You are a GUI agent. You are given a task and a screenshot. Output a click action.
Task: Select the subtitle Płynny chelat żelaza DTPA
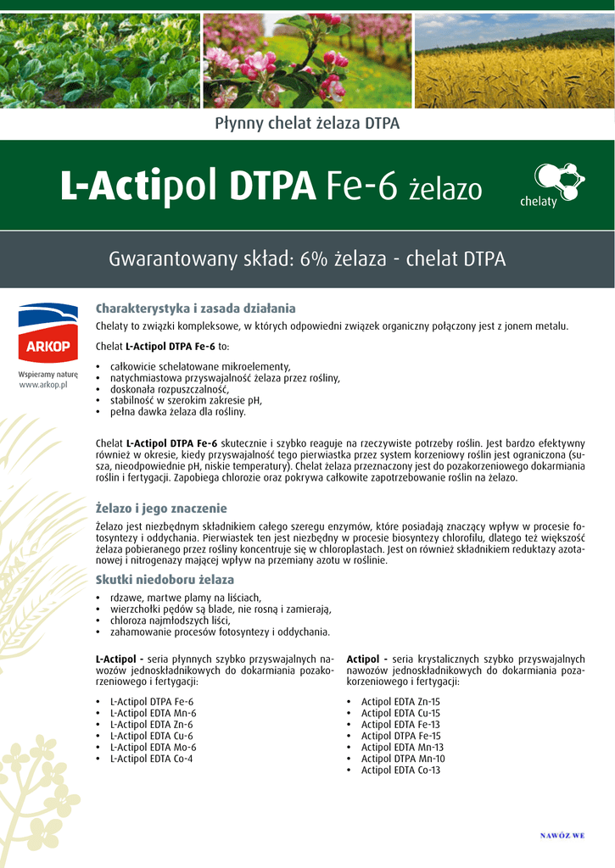(307, 124)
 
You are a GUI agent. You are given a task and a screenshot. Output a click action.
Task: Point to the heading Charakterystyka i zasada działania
(195, 308)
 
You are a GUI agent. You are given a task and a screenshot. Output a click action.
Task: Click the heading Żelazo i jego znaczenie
(161, 509)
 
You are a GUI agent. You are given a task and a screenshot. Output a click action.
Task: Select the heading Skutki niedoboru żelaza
(165, 580)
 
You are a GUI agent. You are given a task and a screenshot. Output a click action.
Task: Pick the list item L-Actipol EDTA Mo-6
(153, 748)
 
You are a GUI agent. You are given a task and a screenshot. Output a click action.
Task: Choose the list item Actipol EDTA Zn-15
(400, 702)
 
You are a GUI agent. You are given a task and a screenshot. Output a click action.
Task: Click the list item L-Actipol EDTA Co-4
(152, 759)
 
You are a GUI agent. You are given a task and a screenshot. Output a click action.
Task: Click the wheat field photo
(514, 60)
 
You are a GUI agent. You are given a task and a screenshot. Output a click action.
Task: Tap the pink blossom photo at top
(307, 60)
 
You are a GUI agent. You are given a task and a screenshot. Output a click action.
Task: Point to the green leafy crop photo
(100, 60)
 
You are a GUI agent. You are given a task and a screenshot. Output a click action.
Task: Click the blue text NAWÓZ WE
(562, 836)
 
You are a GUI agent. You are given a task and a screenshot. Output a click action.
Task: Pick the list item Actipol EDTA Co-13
(400, 771)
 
